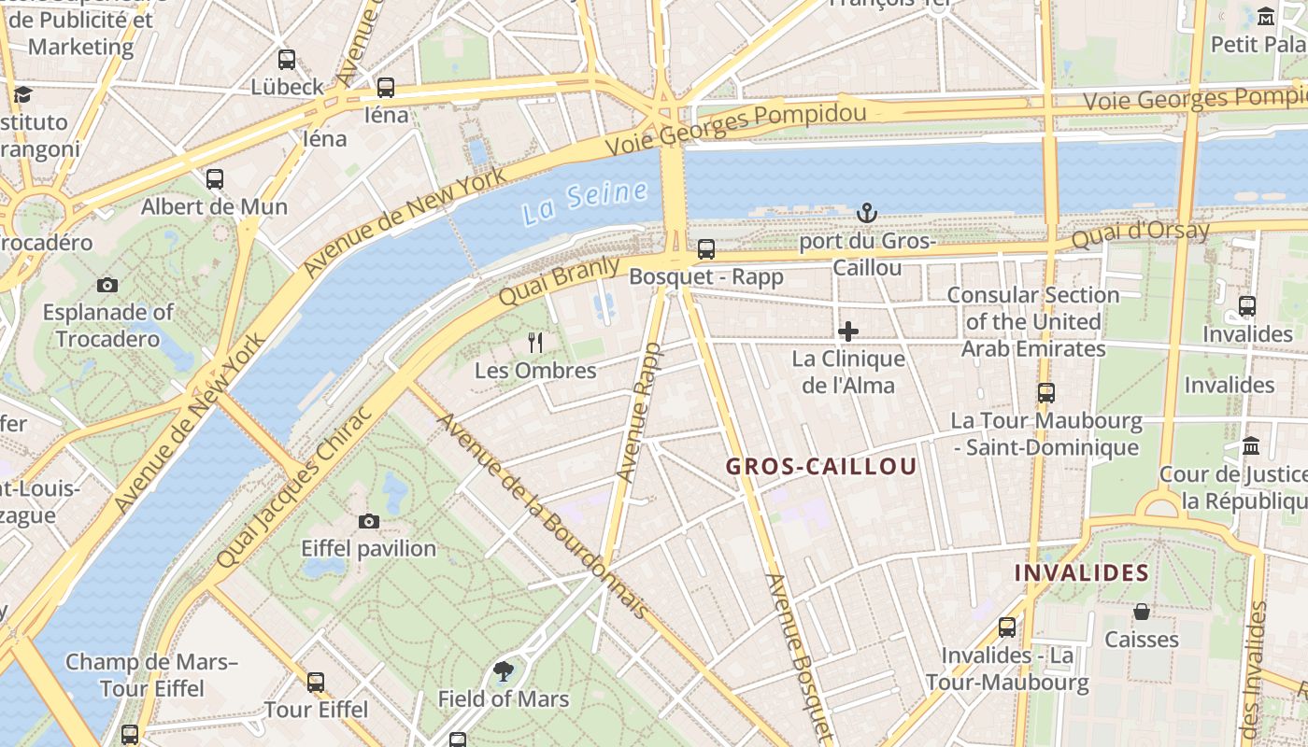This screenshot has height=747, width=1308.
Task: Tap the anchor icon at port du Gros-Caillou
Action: tap(867, 214)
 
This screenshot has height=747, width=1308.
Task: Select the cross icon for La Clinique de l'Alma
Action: tap(848, 331)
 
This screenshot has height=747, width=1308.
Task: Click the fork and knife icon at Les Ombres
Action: tap(535, 343)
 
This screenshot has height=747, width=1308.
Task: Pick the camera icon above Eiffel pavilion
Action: tap(369, 521)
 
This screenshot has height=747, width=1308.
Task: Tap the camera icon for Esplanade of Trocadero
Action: tap(107, 285)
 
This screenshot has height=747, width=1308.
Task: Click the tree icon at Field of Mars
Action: tap(504, 670)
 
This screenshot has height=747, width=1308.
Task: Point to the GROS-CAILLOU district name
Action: tap(821, 467)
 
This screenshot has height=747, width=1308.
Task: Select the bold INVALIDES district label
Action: tap(1082, 572)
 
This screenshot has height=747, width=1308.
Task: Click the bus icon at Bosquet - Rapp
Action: tap(706, 249)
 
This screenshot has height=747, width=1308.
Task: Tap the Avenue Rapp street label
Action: tap(639, 412)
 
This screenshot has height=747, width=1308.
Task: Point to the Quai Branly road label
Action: tap(559, 281)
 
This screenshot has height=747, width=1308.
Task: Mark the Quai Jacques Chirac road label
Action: tap(295, 486)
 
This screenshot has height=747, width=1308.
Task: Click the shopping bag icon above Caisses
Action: tap(1141, 612)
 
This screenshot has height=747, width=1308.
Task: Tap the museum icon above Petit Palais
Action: tap(1266, 17)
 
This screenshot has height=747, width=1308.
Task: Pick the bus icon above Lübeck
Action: tap(287, 59)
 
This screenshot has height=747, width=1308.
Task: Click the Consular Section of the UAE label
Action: tap(1033, 321)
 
